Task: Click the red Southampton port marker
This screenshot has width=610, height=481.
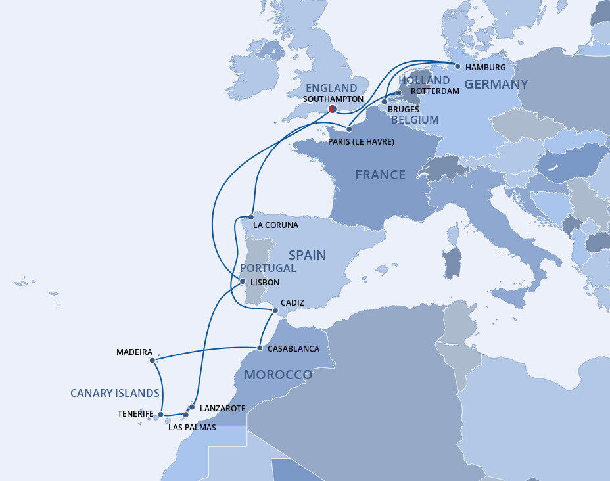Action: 332,108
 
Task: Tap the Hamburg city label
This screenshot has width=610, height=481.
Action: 485,68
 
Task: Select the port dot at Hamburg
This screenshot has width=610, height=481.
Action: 457,66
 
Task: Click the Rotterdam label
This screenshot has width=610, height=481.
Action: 434,91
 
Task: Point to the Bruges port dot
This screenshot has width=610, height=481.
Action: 385,102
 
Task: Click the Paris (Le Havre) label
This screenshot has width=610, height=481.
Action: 360,141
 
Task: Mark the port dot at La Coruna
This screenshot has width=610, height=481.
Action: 251,216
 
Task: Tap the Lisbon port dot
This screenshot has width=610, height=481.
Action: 243,282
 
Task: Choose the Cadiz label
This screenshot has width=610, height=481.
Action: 292,303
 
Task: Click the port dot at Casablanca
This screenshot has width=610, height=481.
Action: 260,348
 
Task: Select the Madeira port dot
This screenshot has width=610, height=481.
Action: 152,360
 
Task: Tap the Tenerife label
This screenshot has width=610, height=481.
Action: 135,413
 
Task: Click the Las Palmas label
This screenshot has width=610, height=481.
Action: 192,428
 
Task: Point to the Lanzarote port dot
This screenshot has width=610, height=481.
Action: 191,407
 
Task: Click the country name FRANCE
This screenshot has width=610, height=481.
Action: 380,175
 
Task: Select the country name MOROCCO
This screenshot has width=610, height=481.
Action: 278,375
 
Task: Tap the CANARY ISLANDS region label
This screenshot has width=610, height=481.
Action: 115,393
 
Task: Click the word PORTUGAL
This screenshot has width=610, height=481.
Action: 268,268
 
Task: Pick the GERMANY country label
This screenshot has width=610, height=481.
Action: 496,84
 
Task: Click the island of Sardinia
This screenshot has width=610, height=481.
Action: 452,262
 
